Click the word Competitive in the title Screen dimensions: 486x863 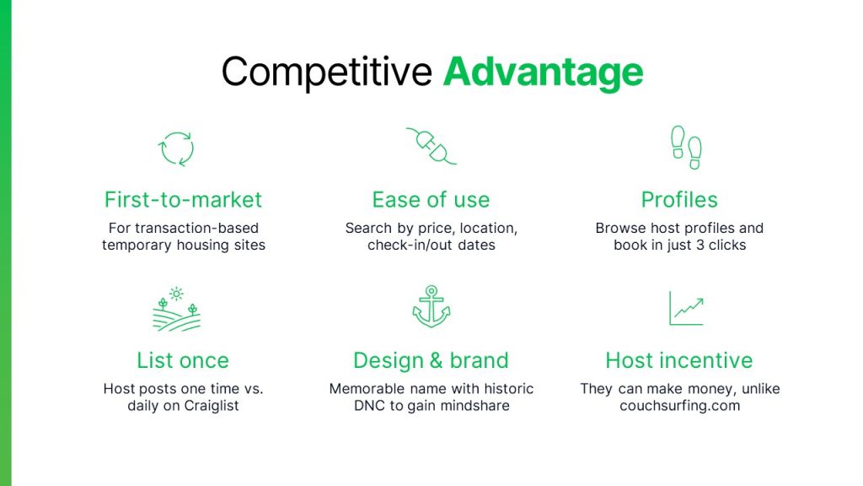point(326,73)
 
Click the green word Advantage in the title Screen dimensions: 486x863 point(543,73)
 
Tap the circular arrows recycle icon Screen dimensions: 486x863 point(177,148)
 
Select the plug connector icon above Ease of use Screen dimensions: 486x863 point(431,147)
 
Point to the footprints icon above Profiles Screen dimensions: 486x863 point(685,148)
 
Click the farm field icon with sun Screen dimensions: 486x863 point(177,309)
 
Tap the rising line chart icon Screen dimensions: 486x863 point(686,308)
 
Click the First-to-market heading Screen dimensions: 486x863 point(183,200)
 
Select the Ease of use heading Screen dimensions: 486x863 point(431,200)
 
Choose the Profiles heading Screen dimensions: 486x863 point(679,200)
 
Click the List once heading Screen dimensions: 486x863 point(183,360)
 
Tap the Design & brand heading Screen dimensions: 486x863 point(431,360)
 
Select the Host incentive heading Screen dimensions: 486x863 point(679,360)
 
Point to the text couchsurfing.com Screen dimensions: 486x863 point(679,406)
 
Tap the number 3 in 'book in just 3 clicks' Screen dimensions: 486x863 point(696,246)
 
